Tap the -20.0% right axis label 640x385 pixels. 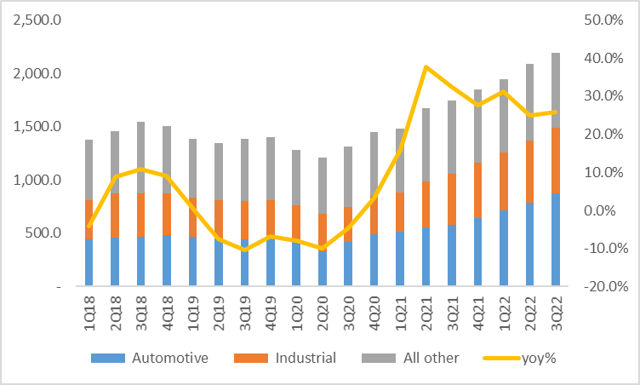(x=603, y=286)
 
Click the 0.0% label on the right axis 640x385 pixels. (x=604, y=210)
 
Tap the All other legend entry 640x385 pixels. (x=416, y=358)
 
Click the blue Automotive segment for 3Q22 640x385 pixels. (x=556, y=239)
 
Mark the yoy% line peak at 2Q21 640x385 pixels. (x=426, y=66)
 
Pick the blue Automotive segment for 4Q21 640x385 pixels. (x=477, y=251)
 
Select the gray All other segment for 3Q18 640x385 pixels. (x=140, y=158)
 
